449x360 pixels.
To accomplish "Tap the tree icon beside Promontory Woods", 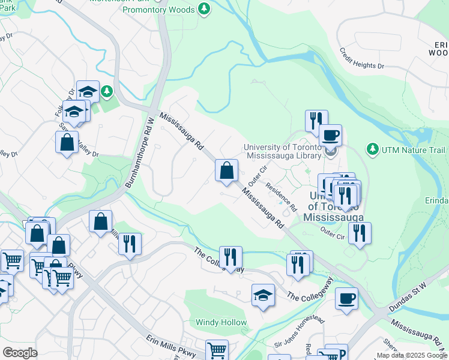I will point(205,9).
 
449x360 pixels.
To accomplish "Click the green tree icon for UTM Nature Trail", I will point(372,148).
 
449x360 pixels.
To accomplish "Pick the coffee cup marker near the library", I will point(330,135).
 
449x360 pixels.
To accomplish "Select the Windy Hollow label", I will point(221,322).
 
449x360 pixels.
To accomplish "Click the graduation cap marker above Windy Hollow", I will point(263,295).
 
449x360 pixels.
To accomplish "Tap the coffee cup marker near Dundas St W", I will point(346,298).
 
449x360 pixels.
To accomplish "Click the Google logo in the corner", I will point(20,352).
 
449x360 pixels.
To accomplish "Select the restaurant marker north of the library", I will point(316,121).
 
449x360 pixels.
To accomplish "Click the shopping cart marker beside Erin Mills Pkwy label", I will point(217,350).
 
